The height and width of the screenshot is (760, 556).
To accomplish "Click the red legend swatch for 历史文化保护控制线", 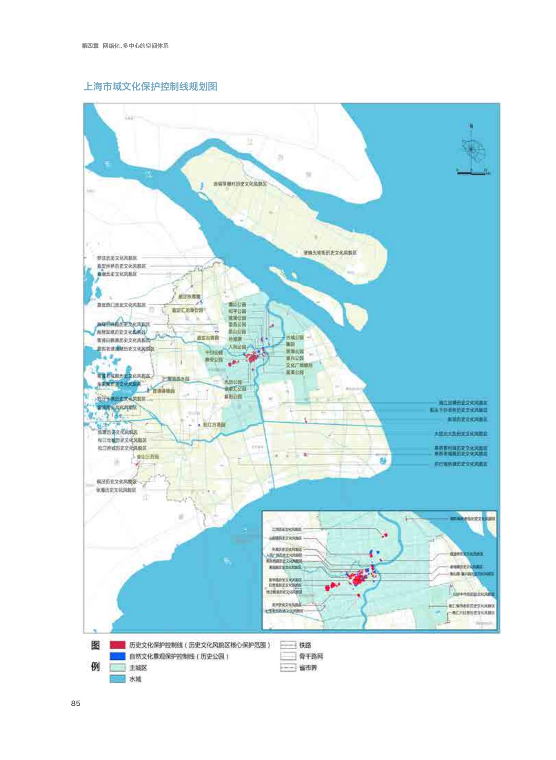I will click(x=117, y=645).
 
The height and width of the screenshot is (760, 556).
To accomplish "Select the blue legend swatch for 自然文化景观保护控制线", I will click(x=117, y=656).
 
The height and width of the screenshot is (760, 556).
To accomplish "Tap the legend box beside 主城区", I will click(x=117, y=668).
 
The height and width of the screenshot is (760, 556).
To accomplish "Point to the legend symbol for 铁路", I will click(x=288, y=645).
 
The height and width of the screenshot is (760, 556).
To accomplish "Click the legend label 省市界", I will click(x=308, y=668).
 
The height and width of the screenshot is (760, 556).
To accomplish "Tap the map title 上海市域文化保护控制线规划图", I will click(x=150, y=86).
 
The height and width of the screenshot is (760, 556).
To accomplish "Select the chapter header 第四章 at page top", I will click(x=90, y=46).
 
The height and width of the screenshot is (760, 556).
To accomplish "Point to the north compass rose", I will click(x=472, y=150).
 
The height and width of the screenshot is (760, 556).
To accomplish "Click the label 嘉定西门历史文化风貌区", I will click(x=122, y=305).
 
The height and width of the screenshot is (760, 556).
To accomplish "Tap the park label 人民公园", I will click(x=237, y=346).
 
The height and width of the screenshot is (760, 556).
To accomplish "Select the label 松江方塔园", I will click(x=214, y=425).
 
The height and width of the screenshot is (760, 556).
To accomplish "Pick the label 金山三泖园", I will click(x=148, y=457).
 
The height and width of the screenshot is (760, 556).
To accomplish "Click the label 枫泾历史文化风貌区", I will click(x=116, y=482).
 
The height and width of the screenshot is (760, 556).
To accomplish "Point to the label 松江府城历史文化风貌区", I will click(x=122, y=448).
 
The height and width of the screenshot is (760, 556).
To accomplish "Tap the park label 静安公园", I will click(x=214, y=359).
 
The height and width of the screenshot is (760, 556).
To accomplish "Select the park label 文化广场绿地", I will click(x=299, y=365).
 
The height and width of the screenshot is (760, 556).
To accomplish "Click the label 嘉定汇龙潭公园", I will click(x=188, y=310).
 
